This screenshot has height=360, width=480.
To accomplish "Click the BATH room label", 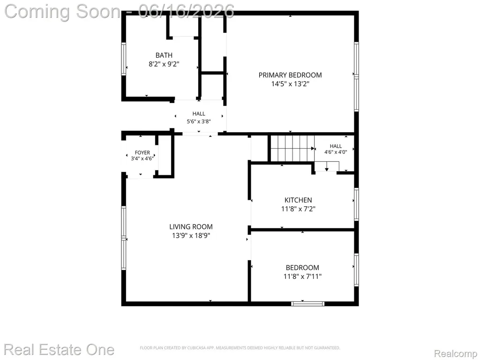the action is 164,55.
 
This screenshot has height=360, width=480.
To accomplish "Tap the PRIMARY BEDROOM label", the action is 290,75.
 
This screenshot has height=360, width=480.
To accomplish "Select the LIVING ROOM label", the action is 191,227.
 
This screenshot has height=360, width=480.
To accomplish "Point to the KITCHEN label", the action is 298,200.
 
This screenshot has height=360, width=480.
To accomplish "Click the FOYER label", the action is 142,152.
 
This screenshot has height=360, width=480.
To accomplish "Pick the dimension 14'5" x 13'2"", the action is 290,84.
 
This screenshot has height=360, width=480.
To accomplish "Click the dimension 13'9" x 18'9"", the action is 191,236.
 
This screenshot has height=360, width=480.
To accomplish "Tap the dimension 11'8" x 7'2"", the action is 298,209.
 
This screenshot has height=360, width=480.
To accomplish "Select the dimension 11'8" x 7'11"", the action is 302,277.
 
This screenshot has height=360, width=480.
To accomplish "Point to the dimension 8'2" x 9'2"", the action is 164,64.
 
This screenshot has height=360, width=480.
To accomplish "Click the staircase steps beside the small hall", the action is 292,149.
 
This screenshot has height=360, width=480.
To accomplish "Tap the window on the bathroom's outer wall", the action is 124,59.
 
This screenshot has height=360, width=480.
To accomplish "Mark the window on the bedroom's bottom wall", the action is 307,304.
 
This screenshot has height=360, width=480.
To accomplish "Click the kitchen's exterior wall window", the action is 356,204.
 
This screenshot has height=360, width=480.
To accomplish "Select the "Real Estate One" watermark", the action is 59,350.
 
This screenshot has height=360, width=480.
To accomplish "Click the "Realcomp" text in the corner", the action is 456,353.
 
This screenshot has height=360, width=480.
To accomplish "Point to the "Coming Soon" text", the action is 62,11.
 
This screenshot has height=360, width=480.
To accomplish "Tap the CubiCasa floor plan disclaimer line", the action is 240,348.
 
